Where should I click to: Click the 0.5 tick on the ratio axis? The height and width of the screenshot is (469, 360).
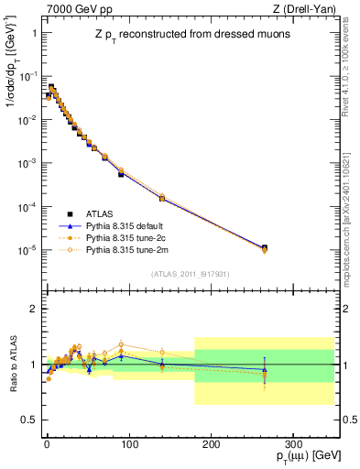pyautogui.click(x=27, y=420)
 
